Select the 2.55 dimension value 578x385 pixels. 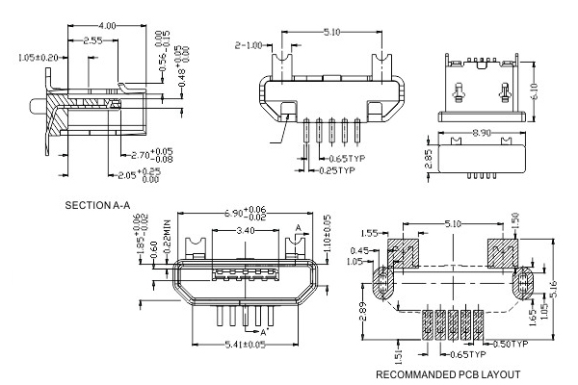tap(93, 41)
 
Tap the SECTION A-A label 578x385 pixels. tap(100, 206)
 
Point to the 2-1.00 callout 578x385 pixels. tap(250, 44)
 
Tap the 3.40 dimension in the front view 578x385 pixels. tap(246, 232)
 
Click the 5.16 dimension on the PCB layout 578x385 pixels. tap(565, 286)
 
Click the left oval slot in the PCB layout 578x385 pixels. tap(381, 285)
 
